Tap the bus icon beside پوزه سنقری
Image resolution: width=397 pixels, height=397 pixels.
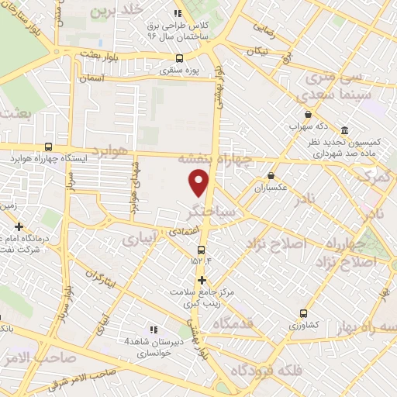(180, 58)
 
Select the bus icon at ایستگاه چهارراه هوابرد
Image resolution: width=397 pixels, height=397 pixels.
(49, 147)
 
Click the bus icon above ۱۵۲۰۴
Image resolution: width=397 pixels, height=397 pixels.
(201, 250)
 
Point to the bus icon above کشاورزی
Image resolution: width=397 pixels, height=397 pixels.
(303, 314)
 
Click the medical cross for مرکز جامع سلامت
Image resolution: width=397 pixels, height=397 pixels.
(202, 280)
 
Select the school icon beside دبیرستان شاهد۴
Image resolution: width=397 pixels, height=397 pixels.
(152, 330)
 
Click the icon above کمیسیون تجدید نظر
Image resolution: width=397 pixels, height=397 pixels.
(344, 130)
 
